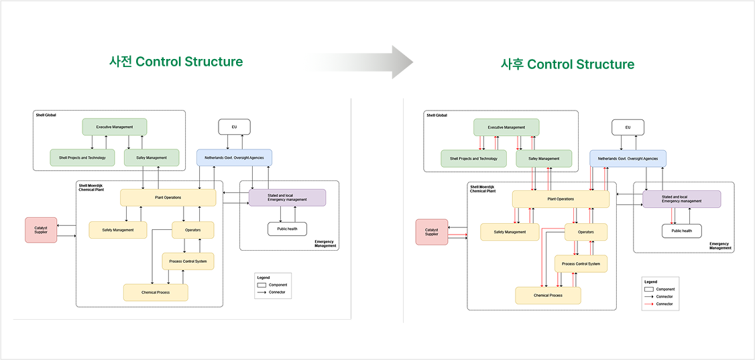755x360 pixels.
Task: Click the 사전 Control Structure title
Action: point(176,62)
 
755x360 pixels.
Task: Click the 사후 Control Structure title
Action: point(568,64)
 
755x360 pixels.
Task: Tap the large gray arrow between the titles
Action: point(361,62)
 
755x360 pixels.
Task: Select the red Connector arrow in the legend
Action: point(648,304)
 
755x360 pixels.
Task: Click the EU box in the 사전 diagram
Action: point(234,127)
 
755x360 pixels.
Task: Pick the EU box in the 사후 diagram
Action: point(628,127)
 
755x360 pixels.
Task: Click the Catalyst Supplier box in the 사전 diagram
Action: point(41,230)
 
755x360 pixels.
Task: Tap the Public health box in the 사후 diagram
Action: point(682,231)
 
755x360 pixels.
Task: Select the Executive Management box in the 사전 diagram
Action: point(115,127)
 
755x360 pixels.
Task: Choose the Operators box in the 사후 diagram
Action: point(586,232)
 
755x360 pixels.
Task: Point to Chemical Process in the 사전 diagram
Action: point(156,292)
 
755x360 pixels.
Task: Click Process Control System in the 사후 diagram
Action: point(581,263)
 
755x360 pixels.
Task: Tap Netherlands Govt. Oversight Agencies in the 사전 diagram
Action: point(234,158)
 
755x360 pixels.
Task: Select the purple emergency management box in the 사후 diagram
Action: point(682,199)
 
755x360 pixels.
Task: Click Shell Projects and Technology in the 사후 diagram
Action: point(474,158)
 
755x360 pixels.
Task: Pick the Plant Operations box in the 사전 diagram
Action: point(168,197)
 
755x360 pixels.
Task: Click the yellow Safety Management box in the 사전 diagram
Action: point(118,230)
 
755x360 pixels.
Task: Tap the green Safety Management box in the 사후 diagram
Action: point(544,158)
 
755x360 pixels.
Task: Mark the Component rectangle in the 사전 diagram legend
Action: point(262,285)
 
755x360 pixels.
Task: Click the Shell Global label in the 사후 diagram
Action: point(437,115)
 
